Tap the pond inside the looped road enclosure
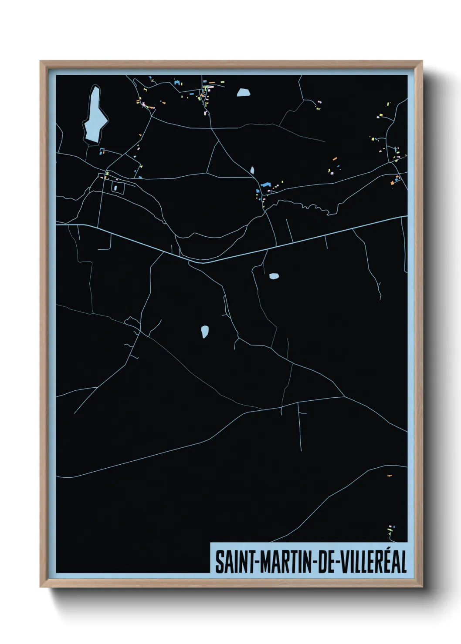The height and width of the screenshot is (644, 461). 115,188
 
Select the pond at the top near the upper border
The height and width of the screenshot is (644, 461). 243,92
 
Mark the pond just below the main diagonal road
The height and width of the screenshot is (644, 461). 274,276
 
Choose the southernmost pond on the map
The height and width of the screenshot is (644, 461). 204,332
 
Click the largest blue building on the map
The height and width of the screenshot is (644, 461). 266,185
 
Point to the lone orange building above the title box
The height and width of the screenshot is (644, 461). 389,476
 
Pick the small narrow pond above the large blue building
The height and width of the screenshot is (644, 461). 252,170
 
